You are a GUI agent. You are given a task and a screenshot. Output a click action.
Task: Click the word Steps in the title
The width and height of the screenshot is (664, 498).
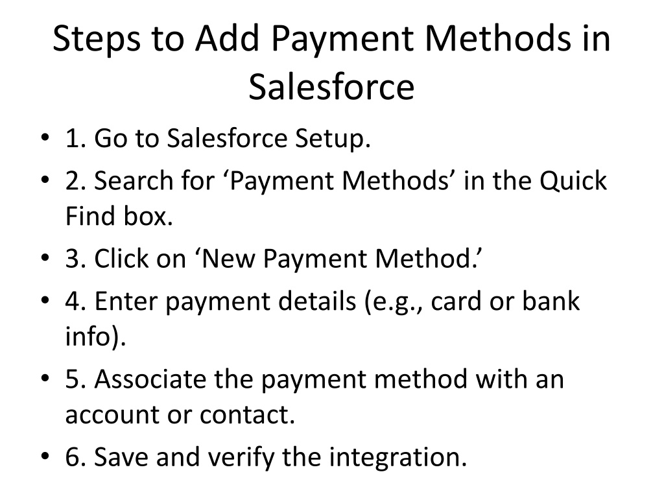pos(97,39)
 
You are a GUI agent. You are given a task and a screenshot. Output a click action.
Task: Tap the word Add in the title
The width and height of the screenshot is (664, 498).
pos(226,38)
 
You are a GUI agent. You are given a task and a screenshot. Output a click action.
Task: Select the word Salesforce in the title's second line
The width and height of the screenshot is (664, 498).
pos(331,87)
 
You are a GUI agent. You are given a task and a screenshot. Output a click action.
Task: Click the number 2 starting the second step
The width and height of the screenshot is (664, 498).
pos(73,181)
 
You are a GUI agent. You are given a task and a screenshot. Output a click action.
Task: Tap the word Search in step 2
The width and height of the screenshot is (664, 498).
pos(134,180)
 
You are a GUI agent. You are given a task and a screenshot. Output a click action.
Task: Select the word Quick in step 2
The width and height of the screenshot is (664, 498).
pos(573,181)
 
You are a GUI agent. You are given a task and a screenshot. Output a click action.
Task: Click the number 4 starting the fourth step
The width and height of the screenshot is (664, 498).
pos(73,301)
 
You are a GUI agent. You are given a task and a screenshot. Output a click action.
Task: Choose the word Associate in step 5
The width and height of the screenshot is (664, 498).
pos(150,379)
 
